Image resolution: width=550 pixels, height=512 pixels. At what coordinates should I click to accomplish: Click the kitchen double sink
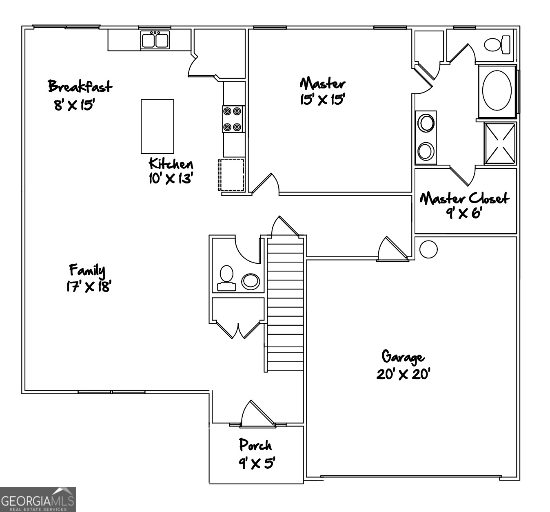pyautogui.click(x=155, y=40)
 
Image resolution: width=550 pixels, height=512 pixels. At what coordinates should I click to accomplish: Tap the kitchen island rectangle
pyautogui.click(x=157, y=126)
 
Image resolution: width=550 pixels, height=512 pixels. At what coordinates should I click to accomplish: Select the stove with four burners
pyautogui.click(x=233, y=119)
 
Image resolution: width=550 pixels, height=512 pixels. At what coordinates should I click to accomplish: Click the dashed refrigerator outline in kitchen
pyautogui.click(x=231, y=175)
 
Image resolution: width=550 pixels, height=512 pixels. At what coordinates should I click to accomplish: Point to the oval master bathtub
pyautogui.click(x=497, y=91)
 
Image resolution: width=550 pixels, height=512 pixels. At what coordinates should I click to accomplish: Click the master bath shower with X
pyautogui.click(x=500, y=143)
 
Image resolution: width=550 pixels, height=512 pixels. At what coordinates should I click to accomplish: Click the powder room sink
pyautogui.click(x=250, y=280)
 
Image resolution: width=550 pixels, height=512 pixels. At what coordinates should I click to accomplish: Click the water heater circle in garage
pyautogui.click(x=428, y=249)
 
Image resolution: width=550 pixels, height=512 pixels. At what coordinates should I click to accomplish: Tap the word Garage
pyautogui.click(x=403, y=357)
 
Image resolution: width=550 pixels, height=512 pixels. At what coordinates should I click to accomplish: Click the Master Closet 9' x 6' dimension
pyautogui.click(x=464, y=213)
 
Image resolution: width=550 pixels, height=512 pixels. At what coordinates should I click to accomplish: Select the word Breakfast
pyautogui.click(x=80, y=86)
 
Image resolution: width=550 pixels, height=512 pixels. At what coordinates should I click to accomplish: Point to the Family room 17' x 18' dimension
pyautogui.click(x=89, y=287)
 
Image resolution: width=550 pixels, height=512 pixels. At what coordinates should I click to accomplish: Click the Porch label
pyautogui.click(x=255, y=445)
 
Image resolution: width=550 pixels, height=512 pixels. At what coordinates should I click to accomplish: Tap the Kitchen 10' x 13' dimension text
pyautogui.click(x=170, y=178)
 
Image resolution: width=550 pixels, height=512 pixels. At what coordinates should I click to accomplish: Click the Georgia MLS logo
pyautogui.click(x=38, y=499)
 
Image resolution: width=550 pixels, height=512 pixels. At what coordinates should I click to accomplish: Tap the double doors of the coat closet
pyautogui.click(x=238, y=329)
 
